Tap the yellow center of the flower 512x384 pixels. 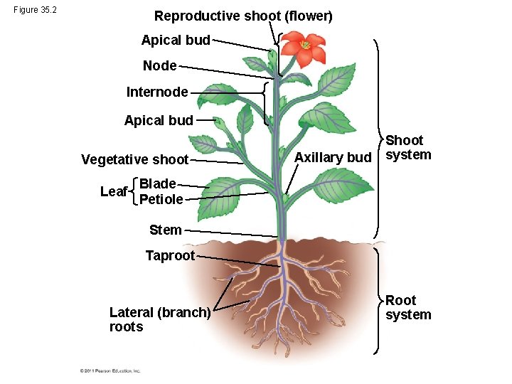tap(305, 46)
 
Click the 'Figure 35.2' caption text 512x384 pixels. tap(34, 11)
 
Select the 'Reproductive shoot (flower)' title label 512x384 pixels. tap(243, 16)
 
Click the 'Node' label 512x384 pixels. tap(159, 65)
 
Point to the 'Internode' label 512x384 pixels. tap(157, 92)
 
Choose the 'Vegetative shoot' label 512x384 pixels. tap(134, 159)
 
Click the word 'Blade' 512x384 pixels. tap(157, 183)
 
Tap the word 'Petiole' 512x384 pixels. tap(161, 199)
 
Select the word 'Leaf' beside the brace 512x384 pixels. tap(114, 192)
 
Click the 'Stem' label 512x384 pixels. tap(165, 230)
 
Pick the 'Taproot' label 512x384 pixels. tap(170, 255)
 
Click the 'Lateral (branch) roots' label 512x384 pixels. tap(159, 319)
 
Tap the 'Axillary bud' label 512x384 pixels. tap(333, 157)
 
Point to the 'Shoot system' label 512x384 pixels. tap(408, 148)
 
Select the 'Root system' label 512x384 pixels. tap(408, 308)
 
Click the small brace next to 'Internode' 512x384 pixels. tap(265, 103)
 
